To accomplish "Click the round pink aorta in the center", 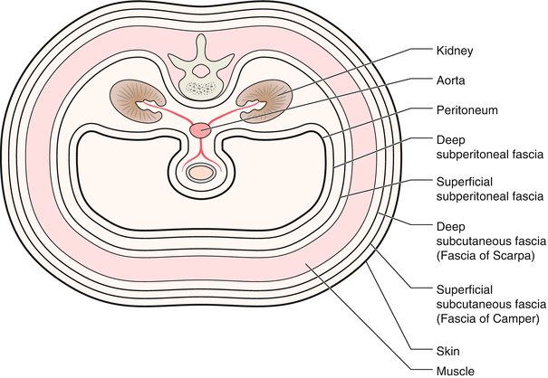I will [x=200, y=131].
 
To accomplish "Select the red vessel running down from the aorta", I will [x=200, y=149].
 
